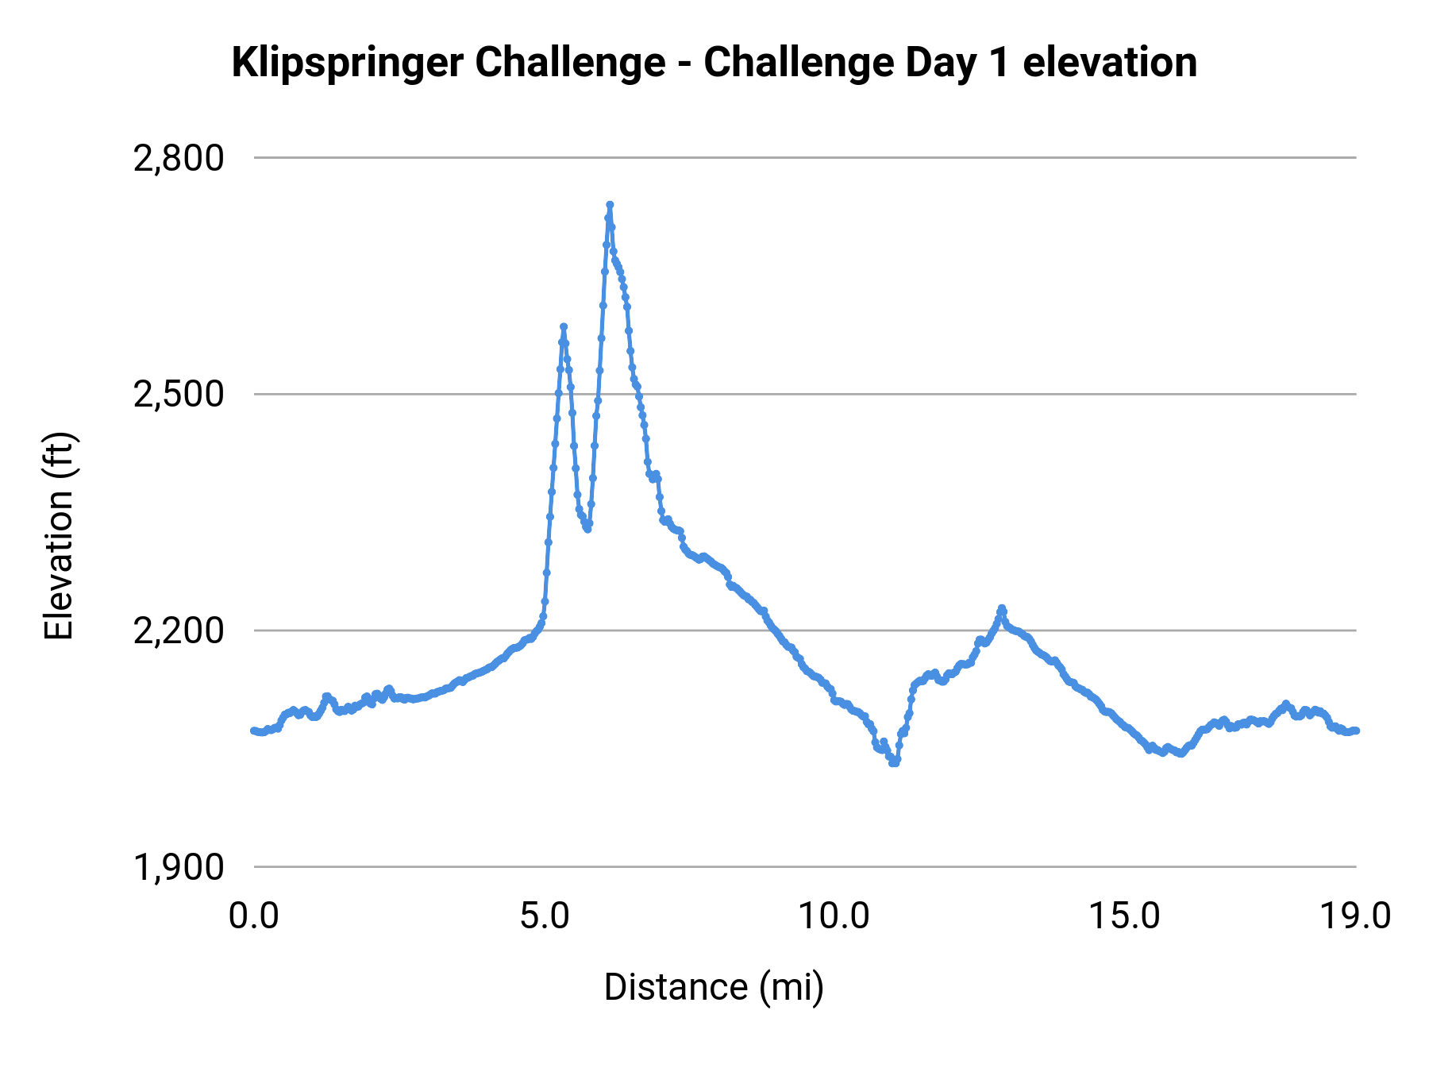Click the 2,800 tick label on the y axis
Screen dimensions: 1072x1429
[x=179, y=159]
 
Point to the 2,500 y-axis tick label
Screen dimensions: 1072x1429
[x=179, y=395]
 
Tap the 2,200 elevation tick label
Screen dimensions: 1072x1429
[x=179, y=631]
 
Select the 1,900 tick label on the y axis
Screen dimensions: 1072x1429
[x=179, y=867]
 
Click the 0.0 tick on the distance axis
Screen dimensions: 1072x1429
[x=254, y=916]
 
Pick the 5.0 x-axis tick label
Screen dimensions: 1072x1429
[x=545, y=916]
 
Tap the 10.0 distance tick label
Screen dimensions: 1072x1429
[x=834, y=916]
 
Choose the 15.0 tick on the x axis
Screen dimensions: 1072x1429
[x=1124, y=916]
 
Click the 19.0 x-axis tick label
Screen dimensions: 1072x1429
[x=1355, y=916]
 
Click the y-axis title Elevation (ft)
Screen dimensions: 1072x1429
[x=59, y=536]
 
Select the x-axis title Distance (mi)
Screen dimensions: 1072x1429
[x=714, y=987]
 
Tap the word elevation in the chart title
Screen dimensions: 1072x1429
[x=1110, y=63]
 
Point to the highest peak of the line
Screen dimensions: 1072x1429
[x=610, y=205]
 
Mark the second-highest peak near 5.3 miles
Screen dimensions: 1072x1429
[x=564, y=326]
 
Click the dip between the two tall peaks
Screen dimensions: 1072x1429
[x=587, y=529]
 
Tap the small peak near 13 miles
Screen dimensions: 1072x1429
[x=1002, y=608]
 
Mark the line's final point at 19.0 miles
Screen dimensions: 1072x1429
[x=1356, y=731]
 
